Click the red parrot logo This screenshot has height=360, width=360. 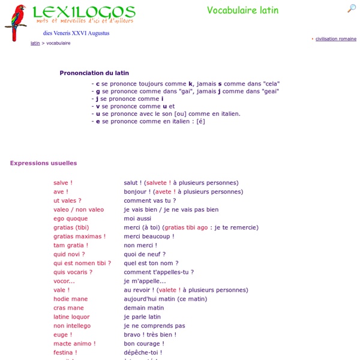click(15, 22)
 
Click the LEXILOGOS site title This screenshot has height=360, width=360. click(84, 11)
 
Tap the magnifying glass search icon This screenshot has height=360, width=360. click(352, 8)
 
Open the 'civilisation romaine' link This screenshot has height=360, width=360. click(335, 39)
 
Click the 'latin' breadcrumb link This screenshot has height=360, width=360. click(35, 43)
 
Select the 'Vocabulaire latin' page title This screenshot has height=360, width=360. click(242, 10)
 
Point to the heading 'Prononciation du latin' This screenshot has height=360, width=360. click(94, 73)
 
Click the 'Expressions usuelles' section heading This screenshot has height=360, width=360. click(43, 163)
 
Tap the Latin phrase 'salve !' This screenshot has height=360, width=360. click(62, 183)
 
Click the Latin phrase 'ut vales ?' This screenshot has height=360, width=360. click(67, 201)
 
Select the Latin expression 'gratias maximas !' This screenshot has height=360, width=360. click(79, 236)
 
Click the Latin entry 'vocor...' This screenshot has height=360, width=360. click(64, 281)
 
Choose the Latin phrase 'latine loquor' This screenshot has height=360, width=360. click(71, 317)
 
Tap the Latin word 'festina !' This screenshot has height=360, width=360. click(65, 353)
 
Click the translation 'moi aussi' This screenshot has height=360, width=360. click(138, 219)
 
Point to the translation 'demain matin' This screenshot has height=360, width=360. click(144, 308)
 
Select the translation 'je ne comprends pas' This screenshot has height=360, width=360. click(154, 326)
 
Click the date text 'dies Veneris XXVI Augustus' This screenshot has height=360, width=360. click(76, 33)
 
